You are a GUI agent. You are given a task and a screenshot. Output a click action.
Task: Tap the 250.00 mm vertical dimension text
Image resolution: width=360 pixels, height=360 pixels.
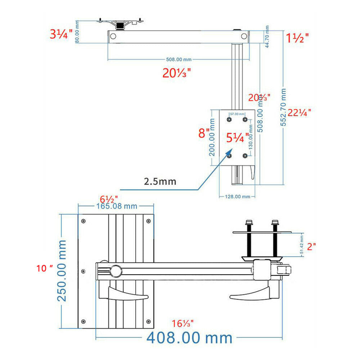click(x=62, y=271)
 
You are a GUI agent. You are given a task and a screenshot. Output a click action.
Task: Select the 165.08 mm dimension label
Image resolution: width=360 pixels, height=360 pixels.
click(x=116, y=206)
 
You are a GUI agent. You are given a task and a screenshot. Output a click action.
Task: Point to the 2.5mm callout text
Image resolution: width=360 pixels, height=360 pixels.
click(x=160, y=181)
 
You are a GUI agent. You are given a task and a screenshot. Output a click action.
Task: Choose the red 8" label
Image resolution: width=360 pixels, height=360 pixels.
click(x=204, y=134)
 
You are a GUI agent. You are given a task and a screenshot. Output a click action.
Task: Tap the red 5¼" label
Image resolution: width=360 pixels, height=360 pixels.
click(x=238, y=138)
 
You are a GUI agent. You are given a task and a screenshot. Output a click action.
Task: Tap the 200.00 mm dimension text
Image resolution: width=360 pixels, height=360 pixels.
click(x=212, y=138)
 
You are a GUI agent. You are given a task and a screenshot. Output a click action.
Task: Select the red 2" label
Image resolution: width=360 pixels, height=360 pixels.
click(x=311, y=247)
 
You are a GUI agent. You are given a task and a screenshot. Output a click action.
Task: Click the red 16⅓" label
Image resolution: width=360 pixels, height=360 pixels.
click(x=183, y=323)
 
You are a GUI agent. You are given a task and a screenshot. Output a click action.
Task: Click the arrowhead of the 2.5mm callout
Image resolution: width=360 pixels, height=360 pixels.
click(x=229, y=153)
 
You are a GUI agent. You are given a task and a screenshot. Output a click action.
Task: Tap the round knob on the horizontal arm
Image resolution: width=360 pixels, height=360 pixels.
click(x=116, y=270)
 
